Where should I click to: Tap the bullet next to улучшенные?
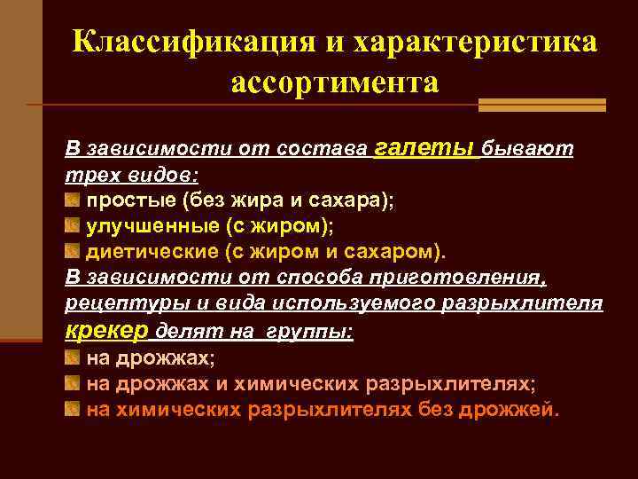74,225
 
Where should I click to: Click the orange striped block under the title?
541,105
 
